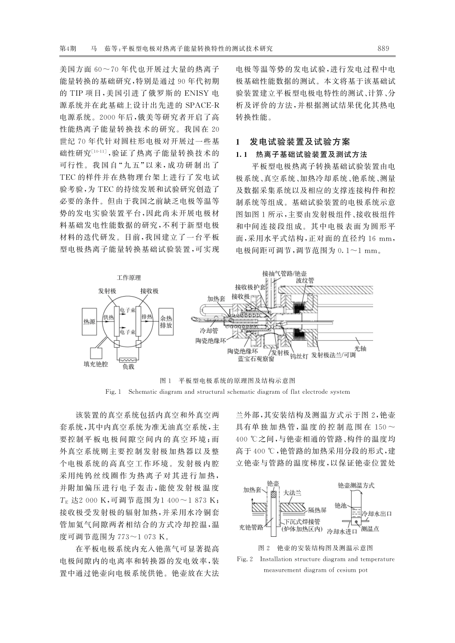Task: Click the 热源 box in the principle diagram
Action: [89, 321]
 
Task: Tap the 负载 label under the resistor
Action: [128, 367]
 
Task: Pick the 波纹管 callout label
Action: [305, 280]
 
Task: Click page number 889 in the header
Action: [383, 48]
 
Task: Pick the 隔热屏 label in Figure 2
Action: [317, 510]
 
